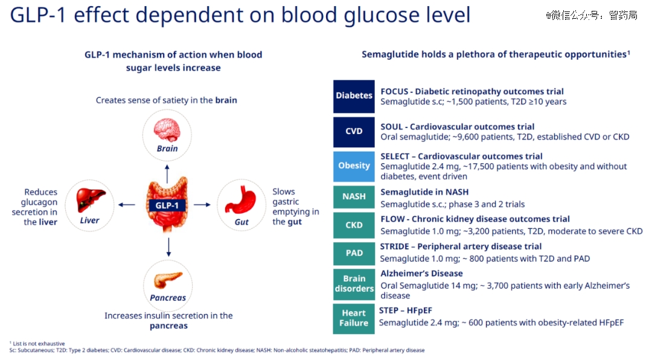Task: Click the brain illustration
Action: click(x=167, y=129)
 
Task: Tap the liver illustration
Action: click(x=90, y=199)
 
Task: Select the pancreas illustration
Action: click(x=168, y=280)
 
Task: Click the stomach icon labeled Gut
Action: click(x=241, y=200)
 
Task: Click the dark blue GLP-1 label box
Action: click(x=167, y=205)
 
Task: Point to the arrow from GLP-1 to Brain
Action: click(x=167, y=173)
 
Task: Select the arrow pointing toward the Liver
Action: click(x=127, y=205)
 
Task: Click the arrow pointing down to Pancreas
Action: click(x=168, y=247)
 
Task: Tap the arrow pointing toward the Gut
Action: click(x=202, y=205)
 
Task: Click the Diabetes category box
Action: click(x=354, y=97)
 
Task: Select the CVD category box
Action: click(x=354, y=132)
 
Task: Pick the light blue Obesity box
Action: click(x=354, y=167)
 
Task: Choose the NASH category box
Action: click(x=354, y=197)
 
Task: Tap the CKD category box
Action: click(x=354, y=225)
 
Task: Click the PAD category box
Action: click(x=354, y=254)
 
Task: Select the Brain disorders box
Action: click(x=354, y=284)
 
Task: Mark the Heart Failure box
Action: click(x=354, y=319)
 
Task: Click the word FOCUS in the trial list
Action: click(x=394, y=92)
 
